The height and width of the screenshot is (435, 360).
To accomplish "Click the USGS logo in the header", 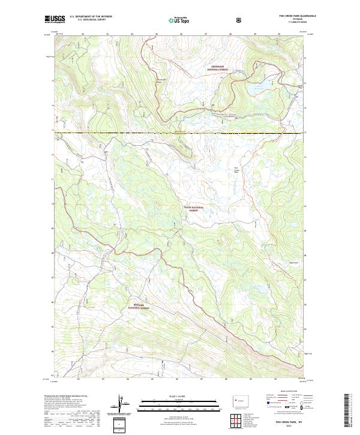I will [55, 19].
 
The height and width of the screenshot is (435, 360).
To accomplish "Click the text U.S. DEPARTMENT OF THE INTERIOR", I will [91, 17].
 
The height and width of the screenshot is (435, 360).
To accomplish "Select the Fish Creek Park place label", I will [236, 169].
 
